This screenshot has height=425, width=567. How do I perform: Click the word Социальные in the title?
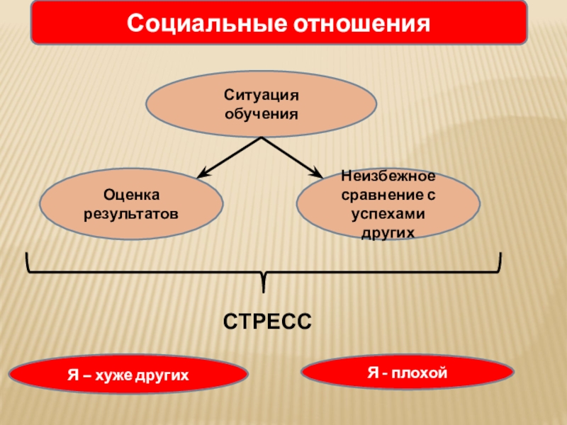coord(202,23)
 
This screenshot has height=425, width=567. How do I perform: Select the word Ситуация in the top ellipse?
coord(262,94)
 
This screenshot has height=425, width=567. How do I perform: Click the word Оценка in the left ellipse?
coord(132,193)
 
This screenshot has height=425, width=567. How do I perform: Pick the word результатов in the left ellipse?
coord(132,211)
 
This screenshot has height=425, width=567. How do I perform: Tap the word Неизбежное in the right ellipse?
coord(388,174)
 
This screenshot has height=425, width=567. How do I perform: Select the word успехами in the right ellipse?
coord(388,212)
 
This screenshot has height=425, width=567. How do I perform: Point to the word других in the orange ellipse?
coord(388,231)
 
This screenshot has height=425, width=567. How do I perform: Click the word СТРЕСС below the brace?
coord(266,321)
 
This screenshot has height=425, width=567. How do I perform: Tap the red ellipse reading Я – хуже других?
coord(128,374)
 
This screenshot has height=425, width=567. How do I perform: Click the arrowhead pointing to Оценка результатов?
coord(201,174)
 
